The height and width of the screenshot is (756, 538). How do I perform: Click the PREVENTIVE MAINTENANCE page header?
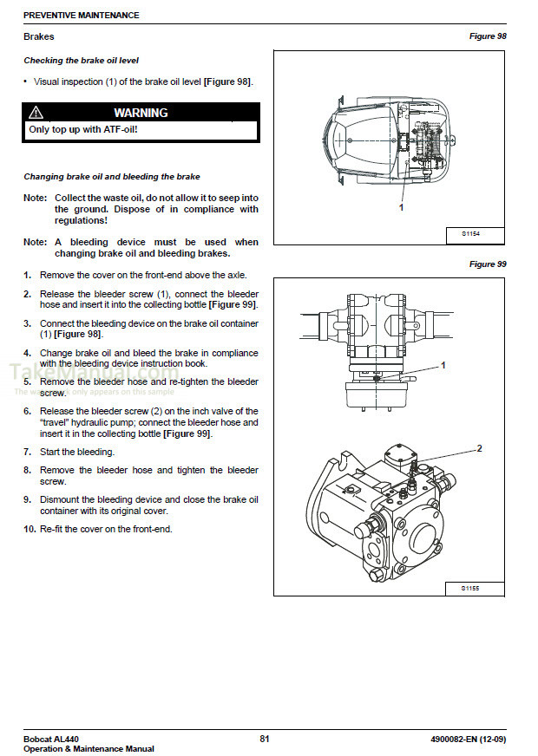tap(81, 16)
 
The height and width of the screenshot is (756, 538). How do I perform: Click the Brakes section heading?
tap(38, 36)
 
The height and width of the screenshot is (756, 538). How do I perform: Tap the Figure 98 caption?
tap(488, 36)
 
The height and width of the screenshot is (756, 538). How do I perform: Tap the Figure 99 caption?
tap(488, 264)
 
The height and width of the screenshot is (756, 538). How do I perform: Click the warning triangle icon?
tap(36, 113)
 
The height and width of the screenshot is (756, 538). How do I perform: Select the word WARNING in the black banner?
tap(141, 113)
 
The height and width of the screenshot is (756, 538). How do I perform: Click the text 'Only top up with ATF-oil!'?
tap(83, 130)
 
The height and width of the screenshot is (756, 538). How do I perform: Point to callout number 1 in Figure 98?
tap(401, 208)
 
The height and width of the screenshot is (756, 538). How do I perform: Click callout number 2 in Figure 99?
tap(478, 448)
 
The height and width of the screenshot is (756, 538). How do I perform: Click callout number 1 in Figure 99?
tap(443, 366)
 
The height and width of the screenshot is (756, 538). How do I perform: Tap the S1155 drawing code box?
tap(469, 588)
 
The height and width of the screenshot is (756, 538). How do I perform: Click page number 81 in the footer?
tap(265, 739)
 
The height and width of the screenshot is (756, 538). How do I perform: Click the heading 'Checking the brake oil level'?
tap(81, 61)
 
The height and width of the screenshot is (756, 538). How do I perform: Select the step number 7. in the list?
tap(28, 452)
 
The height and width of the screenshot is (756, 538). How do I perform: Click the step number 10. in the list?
tap(30, 529)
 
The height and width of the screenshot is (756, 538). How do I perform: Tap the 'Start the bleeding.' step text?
tap(77, 452)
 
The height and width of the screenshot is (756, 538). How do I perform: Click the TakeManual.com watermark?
tap(78, 374)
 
